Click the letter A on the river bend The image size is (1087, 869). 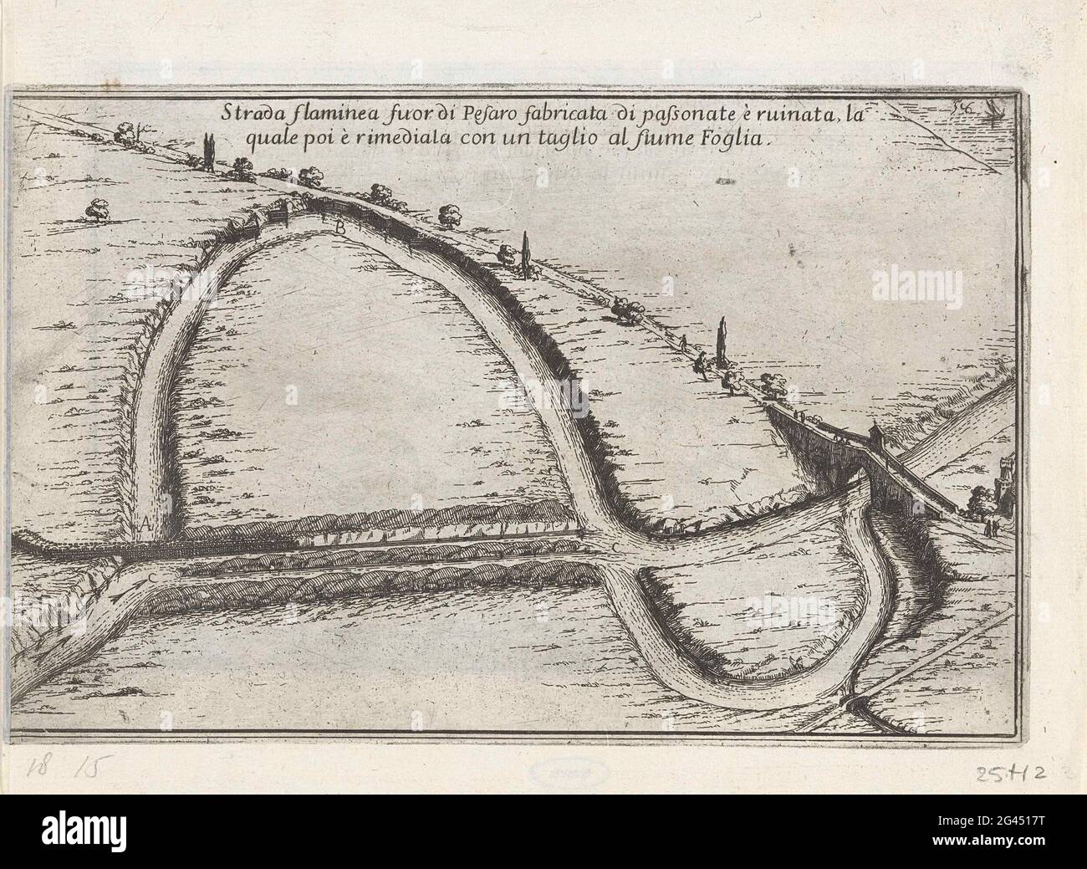(x=145, y=524)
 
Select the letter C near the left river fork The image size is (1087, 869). (x=152, y=578)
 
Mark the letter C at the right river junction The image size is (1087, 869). (x=615, y=547)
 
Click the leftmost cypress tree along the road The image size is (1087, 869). (x=207, y=154)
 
